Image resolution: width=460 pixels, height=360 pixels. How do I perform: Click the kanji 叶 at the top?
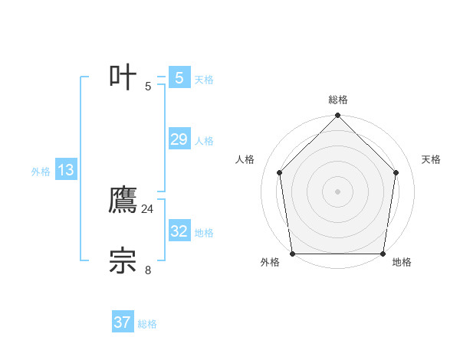click(x=123, y=77)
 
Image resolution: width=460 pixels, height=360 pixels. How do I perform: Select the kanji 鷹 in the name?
click(x=123, y=201)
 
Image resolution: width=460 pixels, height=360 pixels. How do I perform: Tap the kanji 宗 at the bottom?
click(x=123, y=261)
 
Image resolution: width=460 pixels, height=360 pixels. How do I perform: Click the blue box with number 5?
click(x=179, y=78)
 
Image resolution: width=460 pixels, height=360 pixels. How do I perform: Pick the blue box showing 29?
click(x=179, y=139)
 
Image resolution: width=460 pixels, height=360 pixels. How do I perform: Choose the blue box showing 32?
click(x=179, y=231)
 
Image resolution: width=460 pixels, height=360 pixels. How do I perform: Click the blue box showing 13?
click(x=66, y=171)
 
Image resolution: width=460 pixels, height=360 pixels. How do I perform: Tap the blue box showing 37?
click(x=122, y=322)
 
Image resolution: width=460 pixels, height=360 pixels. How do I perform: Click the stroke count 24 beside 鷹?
click(x=147, y=208)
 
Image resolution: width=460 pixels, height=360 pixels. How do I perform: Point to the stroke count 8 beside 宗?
click(x=147, y=269)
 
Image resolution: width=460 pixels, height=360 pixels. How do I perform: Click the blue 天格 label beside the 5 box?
click(x=204, y=80)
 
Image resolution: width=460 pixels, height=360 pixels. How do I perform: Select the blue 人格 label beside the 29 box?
click(x=204, y=141)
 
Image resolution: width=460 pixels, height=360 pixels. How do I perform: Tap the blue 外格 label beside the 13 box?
click(x=41, y=172)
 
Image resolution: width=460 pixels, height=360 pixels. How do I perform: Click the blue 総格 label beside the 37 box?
click(x=147, y=324)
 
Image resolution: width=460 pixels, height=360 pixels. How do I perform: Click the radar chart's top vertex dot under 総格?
click(x=337, y=116)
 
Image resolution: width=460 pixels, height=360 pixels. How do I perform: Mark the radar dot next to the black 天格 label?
click(x=396, y=172)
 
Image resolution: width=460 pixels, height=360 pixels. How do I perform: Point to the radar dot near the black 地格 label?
click(x=382, y=254)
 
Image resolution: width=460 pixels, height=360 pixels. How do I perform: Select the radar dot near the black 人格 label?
click(x=279, y=172)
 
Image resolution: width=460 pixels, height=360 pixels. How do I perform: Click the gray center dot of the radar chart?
click(x=337, y=191)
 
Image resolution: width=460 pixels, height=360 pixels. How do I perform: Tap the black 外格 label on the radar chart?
click(x=270, y=263)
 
